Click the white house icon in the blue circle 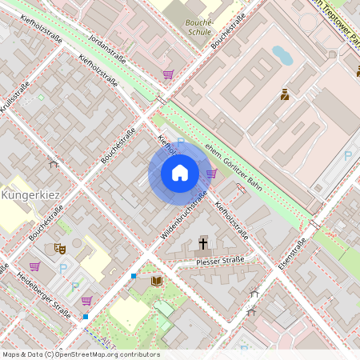click(180, 172)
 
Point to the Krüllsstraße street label click(18, 98)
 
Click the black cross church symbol click(203, 242)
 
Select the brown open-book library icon click(157, 281)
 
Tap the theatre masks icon click(59, 249)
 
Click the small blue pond click(282, 55)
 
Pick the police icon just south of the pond click(284, 96)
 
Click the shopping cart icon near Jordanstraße click(168, 74)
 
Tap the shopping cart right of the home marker click(211, 172)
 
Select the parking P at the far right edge click(348, 157)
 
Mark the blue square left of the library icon click(134, 276)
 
